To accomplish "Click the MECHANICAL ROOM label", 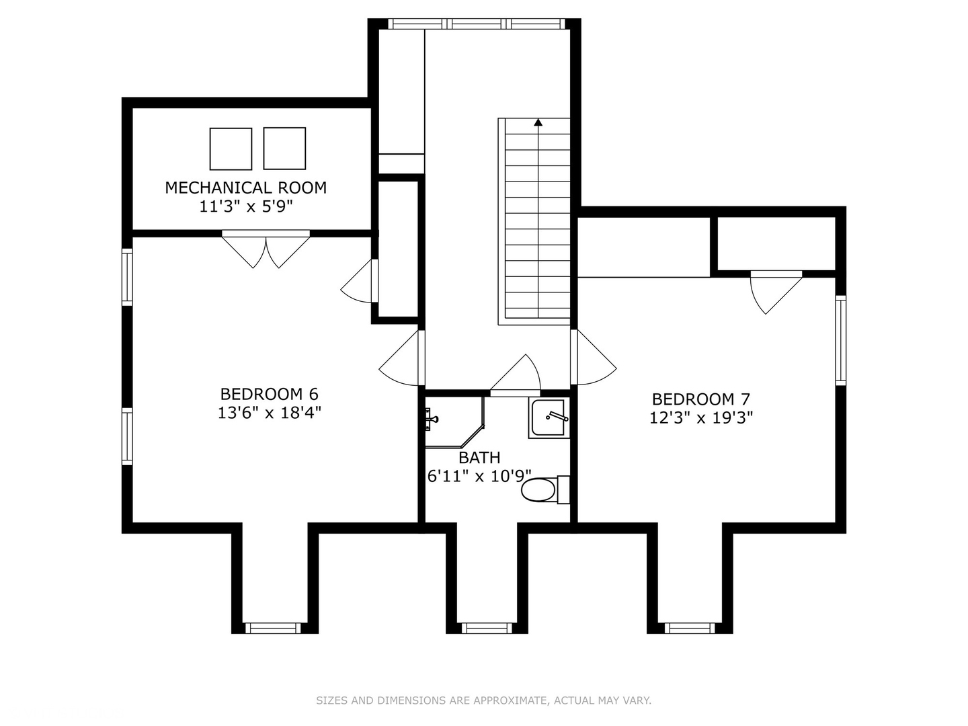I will pos(245,188).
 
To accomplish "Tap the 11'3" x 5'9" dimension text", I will pos(245,206).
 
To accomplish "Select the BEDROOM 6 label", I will pos(269,394).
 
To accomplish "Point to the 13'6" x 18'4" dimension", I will pos(269,413).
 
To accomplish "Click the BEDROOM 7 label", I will pos(701,399).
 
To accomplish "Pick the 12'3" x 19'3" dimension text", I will pos(701,417).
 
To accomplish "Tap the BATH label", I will pos(479,458).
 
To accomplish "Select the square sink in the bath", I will pos(549,419).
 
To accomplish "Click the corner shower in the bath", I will pos(452,421).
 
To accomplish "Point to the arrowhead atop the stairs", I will pos(538,122).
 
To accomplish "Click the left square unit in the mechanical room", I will pos(231,149).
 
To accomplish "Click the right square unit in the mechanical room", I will pos(284,149).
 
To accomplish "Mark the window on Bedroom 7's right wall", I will pos(840,340).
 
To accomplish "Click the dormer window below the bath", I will pos(487,628).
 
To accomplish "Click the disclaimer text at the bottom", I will pos(483,700).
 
